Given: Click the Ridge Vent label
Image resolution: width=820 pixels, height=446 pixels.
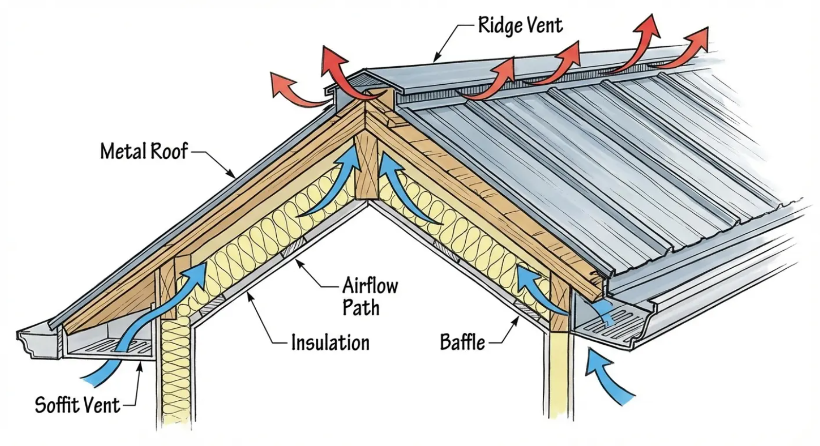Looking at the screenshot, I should (x=520, y=25).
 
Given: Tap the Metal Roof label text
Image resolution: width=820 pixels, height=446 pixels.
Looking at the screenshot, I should (x=144, y=151).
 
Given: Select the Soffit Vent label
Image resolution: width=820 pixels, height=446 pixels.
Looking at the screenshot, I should (x=77, y=405).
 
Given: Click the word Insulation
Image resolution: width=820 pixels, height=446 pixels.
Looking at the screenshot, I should (x=330, y=343).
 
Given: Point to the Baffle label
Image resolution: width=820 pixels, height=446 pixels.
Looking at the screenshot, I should (x=462, y=342).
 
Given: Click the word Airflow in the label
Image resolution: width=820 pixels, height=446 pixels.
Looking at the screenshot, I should (x=370, y=285).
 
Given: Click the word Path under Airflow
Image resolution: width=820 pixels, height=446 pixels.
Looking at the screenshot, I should (x=361, y=308).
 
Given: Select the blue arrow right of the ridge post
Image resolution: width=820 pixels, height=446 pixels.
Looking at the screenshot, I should (x=406, y=190).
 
